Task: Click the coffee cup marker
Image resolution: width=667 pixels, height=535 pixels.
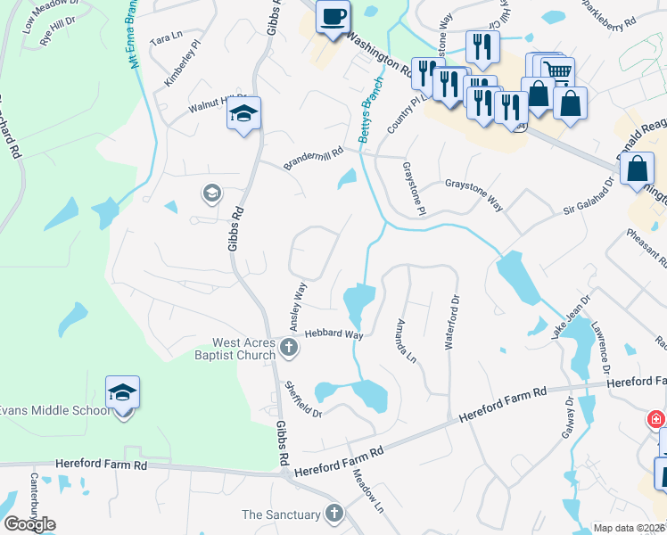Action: [333, 18]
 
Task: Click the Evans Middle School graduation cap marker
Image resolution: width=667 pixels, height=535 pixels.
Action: [123, 393]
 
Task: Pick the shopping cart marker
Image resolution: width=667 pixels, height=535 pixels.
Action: [557, 71]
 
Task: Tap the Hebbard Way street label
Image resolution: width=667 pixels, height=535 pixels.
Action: [333, 334]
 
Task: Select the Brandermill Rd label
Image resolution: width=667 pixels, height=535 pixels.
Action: [313, 160]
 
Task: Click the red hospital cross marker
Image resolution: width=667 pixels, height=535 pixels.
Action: [655, 418]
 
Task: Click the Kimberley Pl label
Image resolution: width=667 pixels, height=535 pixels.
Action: [177, 70]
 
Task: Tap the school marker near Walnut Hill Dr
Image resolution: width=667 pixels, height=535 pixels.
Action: [243, 113]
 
